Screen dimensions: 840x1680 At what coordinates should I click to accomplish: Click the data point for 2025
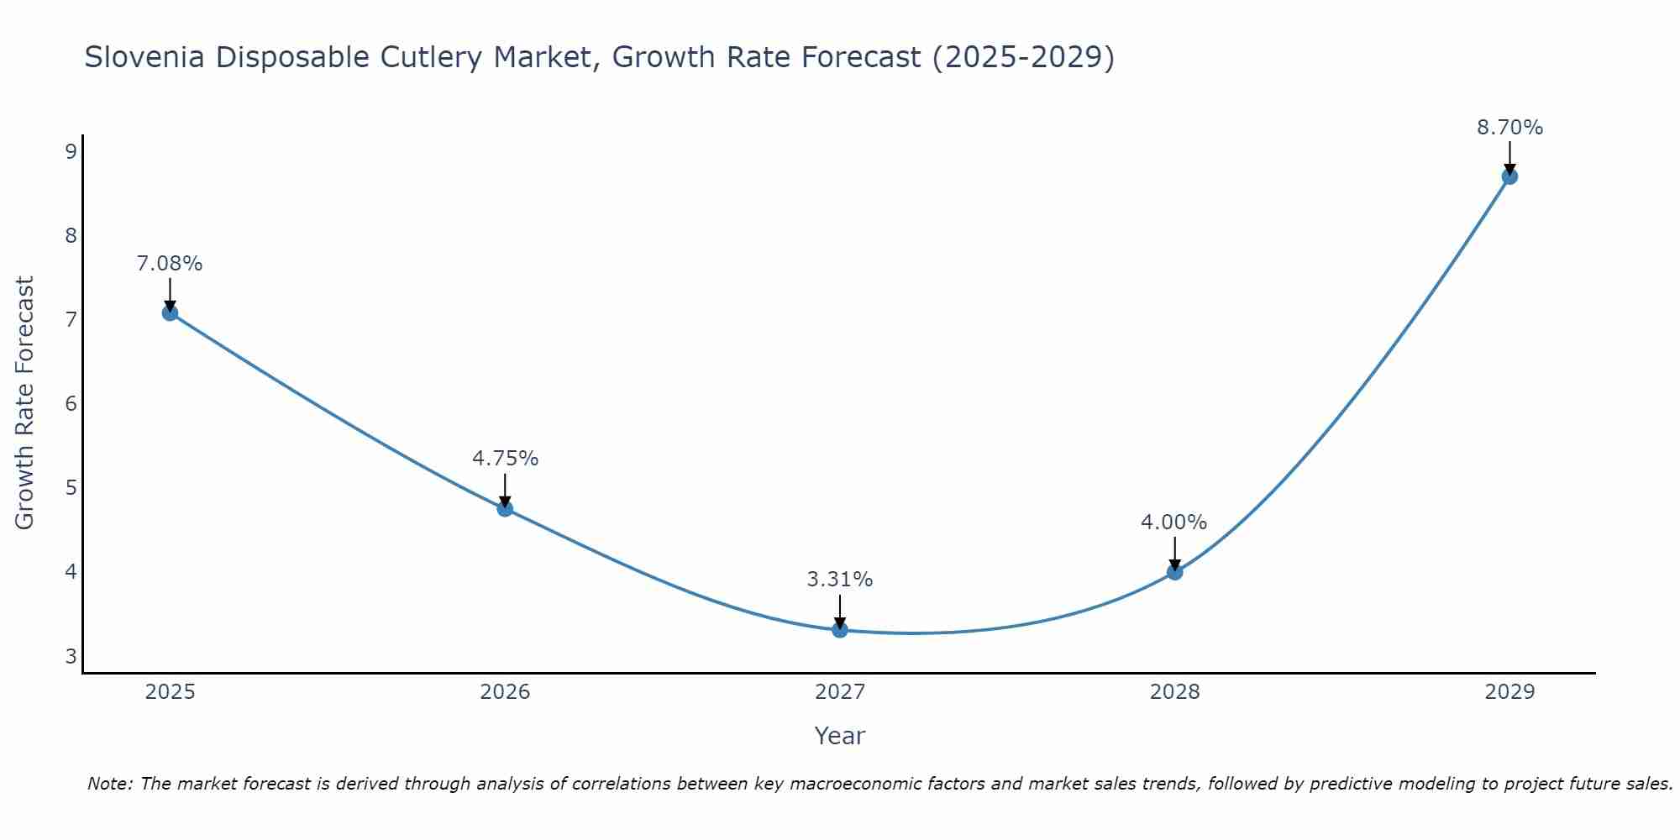170,313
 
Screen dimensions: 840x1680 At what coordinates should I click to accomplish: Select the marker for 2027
840,630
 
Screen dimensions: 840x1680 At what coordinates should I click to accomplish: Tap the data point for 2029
1509,176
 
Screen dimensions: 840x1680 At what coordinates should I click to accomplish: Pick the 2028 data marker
1174,572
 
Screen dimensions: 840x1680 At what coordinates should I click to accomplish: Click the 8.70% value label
1509,128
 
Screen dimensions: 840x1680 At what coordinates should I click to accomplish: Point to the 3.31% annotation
840,580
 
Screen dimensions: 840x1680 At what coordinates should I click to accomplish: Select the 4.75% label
505,459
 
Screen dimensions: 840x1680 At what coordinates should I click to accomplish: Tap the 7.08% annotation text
170,264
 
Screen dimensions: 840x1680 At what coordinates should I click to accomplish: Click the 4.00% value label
1173,522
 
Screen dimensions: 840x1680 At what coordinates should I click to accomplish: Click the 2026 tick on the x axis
505,692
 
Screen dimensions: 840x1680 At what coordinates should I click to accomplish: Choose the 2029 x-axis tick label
1509,692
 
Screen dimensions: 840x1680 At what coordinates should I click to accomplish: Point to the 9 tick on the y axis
71,151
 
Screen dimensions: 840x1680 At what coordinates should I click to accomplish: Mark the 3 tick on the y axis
71,656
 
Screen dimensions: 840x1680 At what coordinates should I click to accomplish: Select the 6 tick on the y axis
71,404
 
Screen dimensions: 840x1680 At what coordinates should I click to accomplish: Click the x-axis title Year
840,736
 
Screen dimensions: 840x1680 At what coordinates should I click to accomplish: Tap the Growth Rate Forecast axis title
25,403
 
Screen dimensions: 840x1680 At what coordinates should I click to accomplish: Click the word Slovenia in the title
144,57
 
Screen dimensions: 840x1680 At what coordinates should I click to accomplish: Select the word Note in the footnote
109,784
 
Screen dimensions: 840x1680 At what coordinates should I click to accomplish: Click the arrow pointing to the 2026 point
505,491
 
